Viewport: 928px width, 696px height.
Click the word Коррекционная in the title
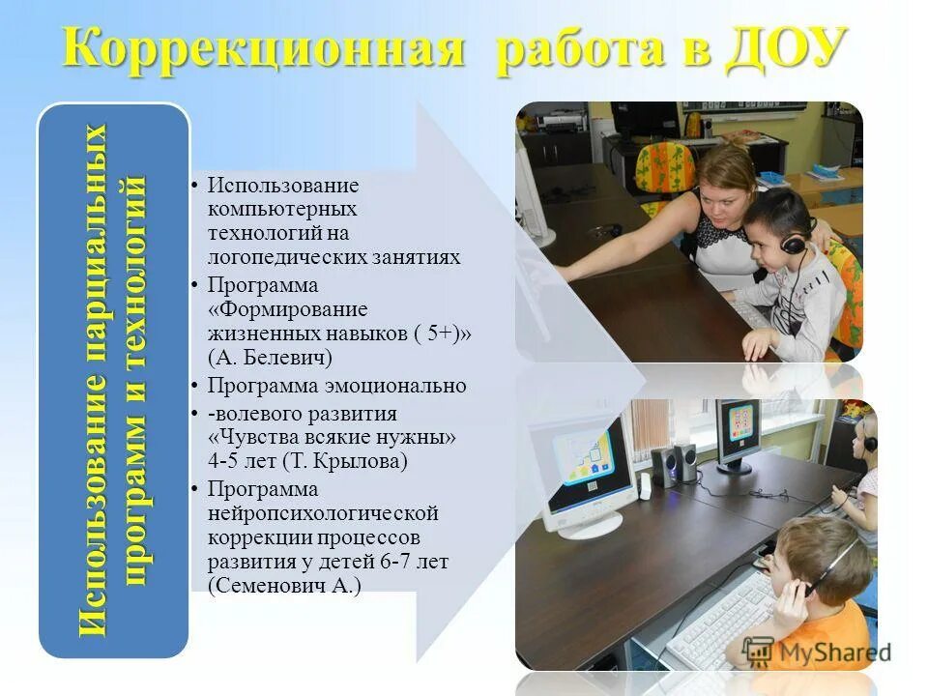point(261,48)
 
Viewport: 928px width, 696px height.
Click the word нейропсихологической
point(323,512)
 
